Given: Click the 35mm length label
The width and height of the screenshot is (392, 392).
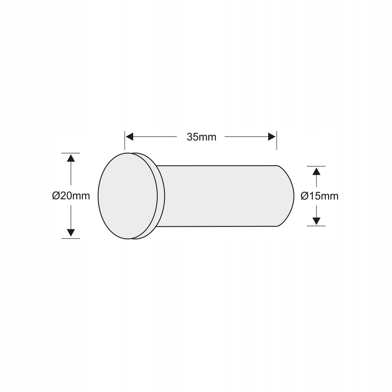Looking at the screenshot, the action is (x=202, y=137).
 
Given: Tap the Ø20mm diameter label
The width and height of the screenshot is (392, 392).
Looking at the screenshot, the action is (x=71, y=196).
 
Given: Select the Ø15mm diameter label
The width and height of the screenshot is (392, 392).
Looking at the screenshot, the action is (x=319, y=196).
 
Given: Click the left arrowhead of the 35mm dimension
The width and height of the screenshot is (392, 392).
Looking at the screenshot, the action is (x=130, y=137).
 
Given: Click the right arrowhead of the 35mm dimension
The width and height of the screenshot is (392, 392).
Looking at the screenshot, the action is (x=272, y=137).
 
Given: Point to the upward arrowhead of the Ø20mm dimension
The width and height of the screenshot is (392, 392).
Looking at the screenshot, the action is (x=71, y=158).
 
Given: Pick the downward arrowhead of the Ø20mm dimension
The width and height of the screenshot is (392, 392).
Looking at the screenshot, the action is (x=71, y=233).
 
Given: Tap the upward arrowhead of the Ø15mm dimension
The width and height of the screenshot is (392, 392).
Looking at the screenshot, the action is (x=316, y=171).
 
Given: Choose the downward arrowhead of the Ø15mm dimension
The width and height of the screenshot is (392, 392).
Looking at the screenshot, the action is (x=316, y=221).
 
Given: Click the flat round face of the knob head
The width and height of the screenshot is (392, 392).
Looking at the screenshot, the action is (x=128, y=196).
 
